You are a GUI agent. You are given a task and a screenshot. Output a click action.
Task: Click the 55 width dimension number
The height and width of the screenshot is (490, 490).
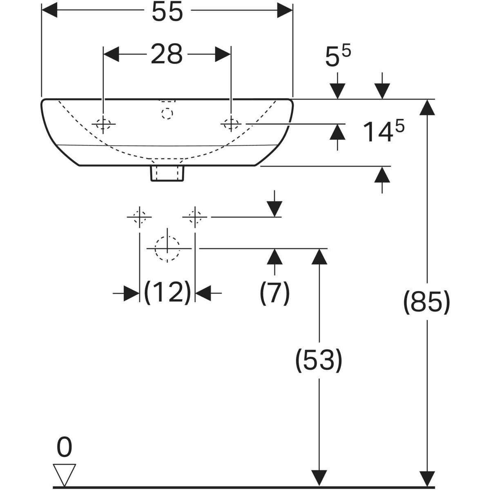167,13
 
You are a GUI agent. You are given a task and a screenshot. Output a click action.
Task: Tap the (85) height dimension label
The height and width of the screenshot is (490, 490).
427,303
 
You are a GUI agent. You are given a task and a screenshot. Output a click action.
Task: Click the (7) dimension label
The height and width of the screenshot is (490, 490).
275,292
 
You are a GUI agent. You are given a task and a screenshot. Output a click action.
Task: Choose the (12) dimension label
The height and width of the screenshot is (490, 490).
167,292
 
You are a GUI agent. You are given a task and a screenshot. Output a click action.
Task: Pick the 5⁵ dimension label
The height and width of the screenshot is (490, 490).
338,57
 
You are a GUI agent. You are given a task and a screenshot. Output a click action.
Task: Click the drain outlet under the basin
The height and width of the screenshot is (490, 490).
167,173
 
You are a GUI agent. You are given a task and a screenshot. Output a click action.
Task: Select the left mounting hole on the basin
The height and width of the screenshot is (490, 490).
103,124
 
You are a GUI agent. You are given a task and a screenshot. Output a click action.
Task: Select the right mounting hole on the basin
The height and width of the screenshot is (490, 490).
231,123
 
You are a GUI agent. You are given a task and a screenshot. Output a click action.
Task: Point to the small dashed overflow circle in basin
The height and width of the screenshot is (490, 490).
167,113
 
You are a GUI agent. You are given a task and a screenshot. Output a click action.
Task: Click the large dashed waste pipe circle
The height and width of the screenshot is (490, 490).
167,249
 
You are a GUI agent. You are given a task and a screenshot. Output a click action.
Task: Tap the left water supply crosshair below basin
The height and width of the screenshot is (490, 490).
140,217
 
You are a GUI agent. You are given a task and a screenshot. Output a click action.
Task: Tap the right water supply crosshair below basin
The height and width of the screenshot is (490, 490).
195,217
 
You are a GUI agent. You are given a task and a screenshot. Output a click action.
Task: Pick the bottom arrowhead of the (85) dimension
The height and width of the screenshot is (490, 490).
427,478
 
